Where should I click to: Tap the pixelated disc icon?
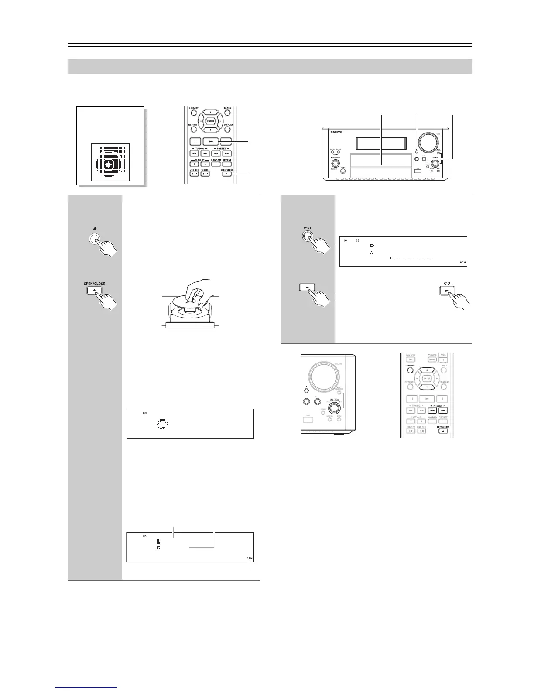tap(110, 162)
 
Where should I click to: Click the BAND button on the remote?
tap(432, 359)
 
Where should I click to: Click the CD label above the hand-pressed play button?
tap(447, 283)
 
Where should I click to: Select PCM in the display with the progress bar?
tap(463, 263)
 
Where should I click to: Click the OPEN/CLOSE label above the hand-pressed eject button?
tap(94, 284)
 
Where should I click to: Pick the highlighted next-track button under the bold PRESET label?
tap(443, 410)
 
